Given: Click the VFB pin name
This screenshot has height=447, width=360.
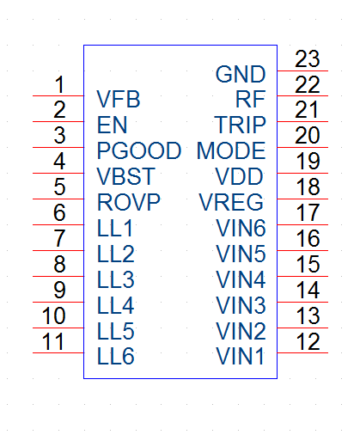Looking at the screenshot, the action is pos(119,99).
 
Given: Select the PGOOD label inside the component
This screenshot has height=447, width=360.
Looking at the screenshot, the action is pos(139,150).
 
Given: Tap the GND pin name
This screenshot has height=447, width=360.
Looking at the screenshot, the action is pos(241,74).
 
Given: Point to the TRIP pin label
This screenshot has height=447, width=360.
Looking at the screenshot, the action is pos(240,125).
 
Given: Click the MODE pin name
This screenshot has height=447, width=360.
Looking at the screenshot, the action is pos(231,150).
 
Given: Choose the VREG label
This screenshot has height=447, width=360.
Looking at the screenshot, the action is pos(231,202).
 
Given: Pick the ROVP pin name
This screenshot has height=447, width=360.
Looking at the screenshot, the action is pos(129,202).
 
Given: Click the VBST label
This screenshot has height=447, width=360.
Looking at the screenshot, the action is pos(125,176).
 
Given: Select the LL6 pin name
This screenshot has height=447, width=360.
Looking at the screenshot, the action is pos(116,356).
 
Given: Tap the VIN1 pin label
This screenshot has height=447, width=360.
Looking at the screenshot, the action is pos(240,356).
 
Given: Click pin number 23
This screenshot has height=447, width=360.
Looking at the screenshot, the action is pos(308,59).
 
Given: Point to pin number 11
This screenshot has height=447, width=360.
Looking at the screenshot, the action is pos(53,341).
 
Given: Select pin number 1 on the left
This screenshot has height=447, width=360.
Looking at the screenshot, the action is pos(59,84).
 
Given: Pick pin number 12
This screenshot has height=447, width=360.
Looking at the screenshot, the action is pos(308,341).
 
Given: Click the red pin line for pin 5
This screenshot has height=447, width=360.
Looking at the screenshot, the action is pos(58,199).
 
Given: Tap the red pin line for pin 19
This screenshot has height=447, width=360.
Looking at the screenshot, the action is pos(302,173).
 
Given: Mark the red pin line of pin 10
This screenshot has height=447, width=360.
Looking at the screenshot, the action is pos(58,328).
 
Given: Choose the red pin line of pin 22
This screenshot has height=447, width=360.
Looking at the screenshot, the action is pos(302,95).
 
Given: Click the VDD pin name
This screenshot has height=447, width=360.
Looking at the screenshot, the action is pos(240,176).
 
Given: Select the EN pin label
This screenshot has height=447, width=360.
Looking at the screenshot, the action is pos(112,125).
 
